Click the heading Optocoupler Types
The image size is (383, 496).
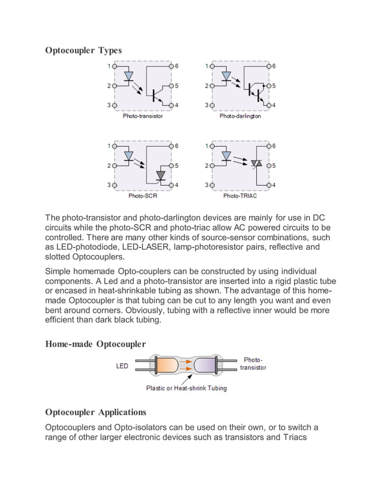pos(83,50)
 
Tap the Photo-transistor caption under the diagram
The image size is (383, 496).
pos(143,116)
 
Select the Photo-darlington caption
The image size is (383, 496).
pos(240,116)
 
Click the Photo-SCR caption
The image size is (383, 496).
pos(143,196)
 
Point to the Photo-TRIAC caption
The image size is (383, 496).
pos(240,196)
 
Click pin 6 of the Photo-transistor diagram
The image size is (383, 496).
pos(172,66)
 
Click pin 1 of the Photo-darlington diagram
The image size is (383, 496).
pos(211,66)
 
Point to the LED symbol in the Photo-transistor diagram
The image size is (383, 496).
pos(128,77)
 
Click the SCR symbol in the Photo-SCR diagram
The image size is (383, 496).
pos(160,175)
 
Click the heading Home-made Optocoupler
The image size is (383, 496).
pos(95,344)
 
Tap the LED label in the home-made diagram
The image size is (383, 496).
pos(122,366)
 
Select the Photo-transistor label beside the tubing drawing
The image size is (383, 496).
pos(253,363)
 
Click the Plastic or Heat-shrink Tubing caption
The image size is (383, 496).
pos(187,389)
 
